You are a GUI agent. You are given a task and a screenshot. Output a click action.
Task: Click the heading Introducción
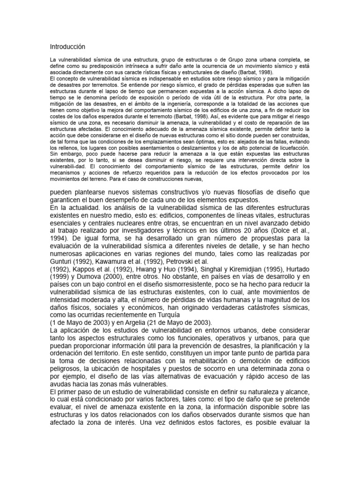68,47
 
